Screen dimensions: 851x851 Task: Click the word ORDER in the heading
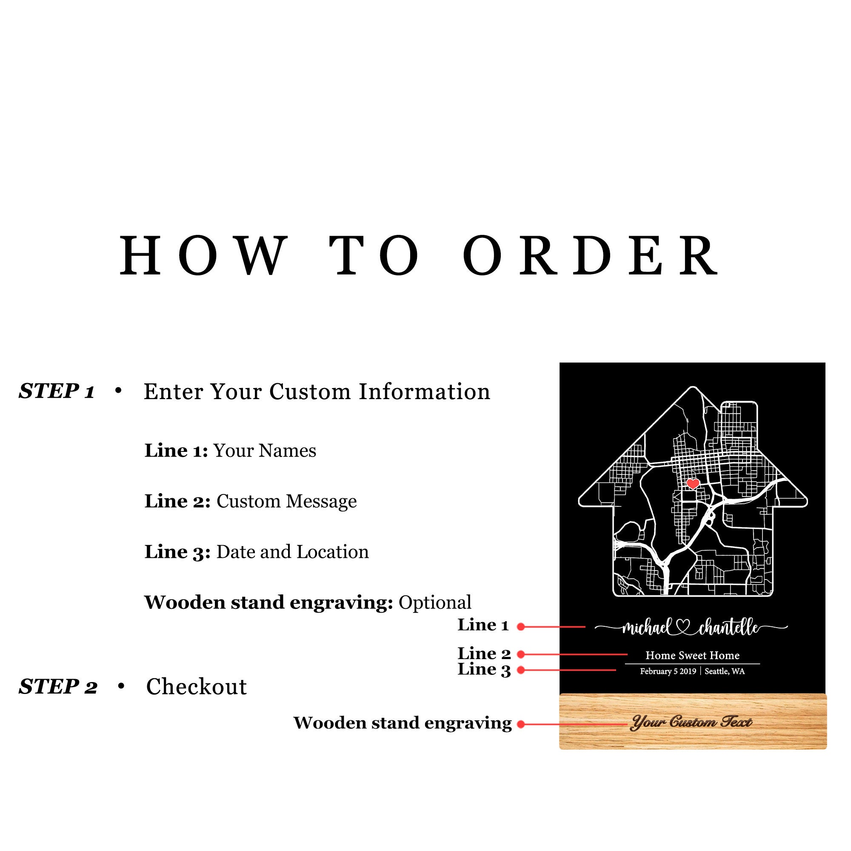(x=591, y=255)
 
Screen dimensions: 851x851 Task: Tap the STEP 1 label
(x=57, y=391)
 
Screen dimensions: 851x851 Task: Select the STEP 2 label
(x=58, y=687)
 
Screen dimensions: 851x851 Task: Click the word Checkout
(x=197, y=687)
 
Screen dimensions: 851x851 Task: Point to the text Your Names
(x=265, y=451)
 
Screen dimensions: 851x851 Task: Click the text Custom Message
(x=286, y=501)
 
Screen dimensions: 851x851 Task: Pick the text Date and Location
(x=292, y=552)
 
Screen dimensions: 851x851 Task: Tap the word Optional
(x=435, y=603)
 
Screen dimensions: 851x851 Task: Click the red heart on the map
(x=693, y=484)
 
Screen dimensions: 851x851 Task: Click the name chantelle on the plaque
(x=729, y=627)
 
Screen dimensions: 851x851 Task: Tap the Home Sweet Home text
(x=692, y=655)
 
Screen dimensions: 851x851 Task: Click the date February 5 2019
(x=668, y=671)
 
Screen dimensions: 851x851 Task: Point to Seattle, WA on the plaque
(x=725, y=671)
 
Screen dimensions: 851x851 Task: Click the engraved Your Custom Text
(x=691, y=722)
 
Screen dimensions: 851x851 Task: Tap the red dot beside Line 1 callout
(x=521, y=627)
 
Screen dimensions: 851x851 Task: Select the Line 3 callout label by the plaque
(x=484, y=669)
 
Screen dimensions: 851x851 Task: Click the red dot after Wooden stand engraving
(x=521, y=724)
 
